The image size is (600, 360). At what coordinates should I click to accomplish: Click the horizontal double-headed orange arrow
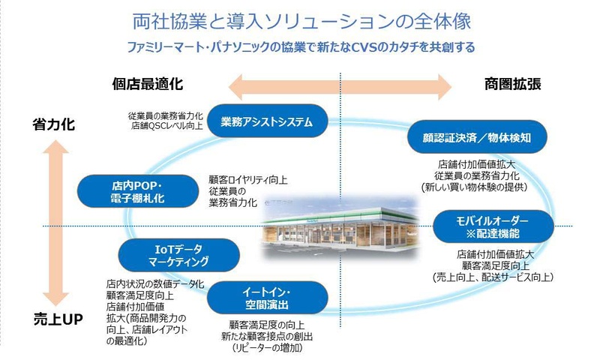(341, 85)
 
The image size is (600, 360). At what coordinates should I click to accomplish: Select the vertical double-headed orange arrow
(55, 221)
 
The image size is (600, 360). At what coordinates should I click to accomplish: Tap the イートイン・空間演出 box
(267, 298)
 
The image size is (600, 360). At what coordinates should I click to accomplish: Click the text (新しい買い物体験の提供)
(472, 186)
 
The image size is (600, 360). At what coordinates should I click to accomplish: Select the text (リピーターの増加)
(267, 347)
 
